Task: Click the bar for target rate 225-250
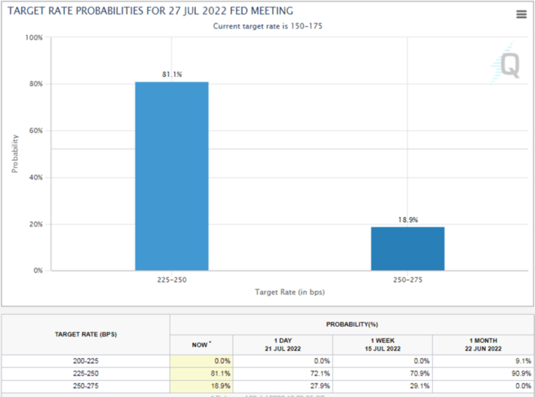tap(172, 176)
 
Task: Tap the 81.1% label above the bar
tap(172, 75)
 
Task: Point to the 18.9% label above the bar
tap(408, 220)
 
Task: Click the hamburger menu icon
tap(521, 14)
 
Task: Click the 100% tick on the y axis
tap(34, 38)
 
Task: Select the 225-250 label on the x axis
tap(172, 280)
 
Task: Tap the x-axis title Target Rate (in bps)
tap(290, 292)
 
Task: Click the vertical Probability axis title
tap(15, 154)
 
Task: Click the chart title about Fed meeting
tap(150, 11)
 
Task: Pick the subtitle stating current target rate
tap(267, 26)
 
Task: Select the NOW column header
tap(201, 344)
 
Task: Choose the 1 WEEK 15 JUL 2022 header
tap(382, 344)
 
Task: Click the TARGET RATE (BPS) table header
tap(86, 335)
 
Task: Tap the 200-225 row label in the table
tap(86, 361)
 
